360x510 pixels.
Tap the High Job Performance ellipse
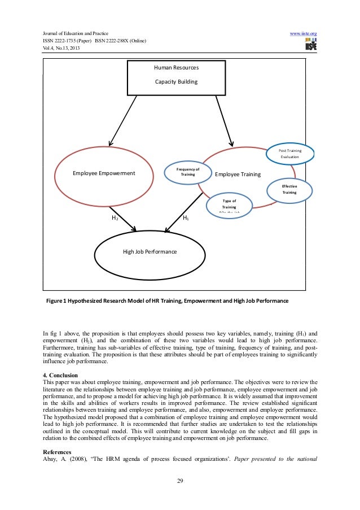point(150,251)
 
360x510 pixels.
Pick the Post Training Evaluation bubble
point(290,154)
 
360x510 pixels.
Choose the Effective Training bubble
point(289,189)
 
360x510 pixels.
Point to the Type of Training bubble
point(229,204)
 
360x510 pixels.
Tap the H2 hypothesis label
point(115,217)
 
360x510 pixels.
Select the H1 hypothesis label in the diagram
point(186,217)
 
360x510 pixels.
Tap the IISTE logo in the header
point(310,45)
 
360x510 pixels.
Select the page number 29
point(179,481)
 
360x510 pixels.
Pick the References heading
point(58,452)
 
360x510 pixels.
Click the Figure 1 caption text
point(163,302)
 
